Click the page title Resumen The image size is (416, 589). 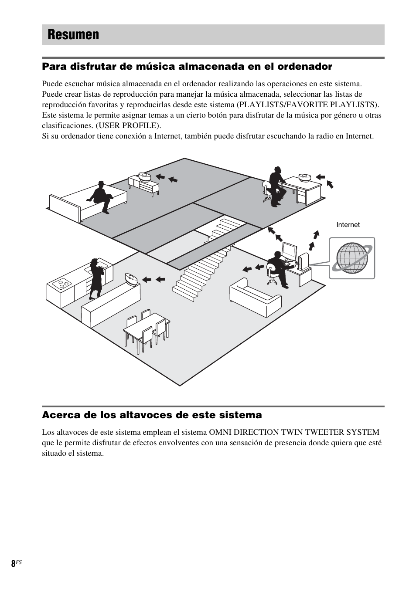pos(73,35)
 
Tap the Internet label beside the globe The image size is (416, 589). pos(348,225)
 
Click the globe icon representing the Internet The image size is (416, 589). pos(352,258)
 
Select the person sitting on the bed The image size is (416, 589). pos(101,196)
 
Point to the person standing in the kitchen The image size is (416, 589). pos(95,278)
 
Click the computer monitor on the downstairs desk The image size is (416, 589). pos(289,251)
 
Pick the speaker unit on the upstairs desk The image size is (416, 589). pos(304,177)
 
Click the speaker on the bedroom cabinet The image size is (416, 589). pos(144,176)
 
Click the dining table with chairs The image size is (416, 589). pos(147,329)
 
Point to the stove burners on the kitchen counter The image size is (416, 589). pos(61,284)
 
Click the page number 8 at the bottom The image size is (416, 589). pos(13,563)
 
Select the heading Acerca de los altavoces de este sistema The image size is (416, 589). pos(152,415)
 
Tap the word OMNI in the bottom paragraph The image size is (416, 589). pos(221,432)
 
